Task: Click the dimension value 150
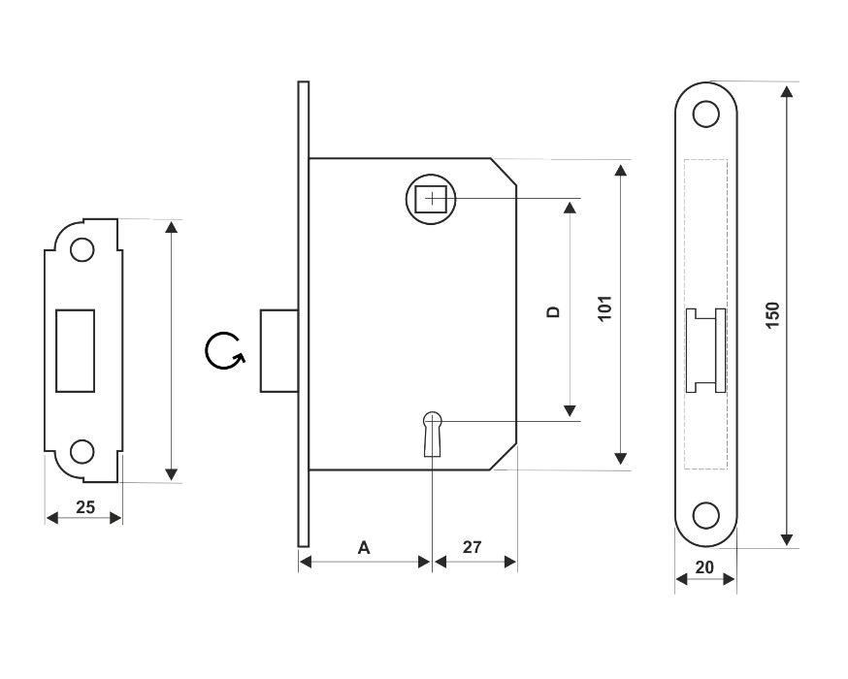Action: [x=772, y=315]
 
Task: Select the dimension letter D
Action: [x=553, y=311]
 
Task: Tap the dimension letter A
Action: [x=364, y=548]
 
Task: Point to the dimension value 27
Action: [x=472, y=548]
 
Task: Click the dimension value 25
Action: [x=84, y=506]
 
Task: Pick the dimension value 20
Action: [x=704, y=567]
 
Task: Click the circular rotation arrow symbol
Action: [x=223, y=351]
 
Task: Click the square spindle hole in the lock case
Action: [x=431, y=199]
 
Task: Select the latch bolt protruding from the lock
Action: [x=277, y=351]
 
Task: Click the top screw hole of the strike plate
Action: [x=83, y=249]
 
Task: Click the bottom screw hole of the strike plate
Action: [x=83, y=451]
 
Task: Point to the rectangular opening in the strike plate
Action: [x=76, y=349]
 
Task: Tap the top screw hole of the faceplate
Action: [x=706, y=114]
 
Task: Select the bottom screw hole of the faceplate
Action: [x=706, y=515]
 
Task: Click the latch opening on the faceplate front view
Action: [x=705, y=350]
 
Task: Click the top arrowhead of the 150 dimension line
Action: [x=787, y=92]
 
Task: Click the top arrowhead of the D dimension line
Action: [x=570, y=209]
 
